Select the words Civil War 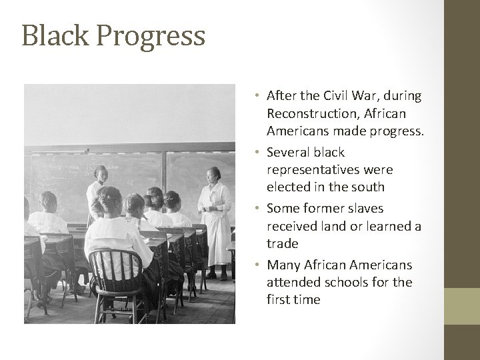355,96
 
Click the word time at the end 307,300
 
